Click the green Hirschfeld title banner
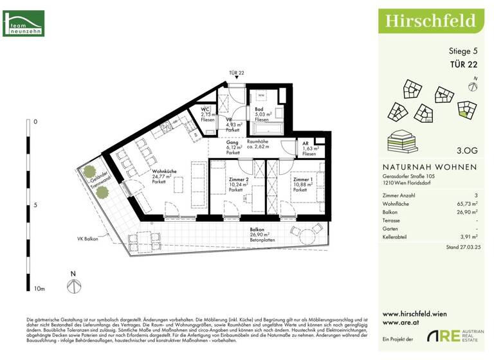coord(430,21)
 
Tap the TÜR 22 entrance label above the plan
coord(236,73)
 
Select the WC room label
coord(206,114)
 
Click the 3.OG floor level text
coord(467,151)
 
